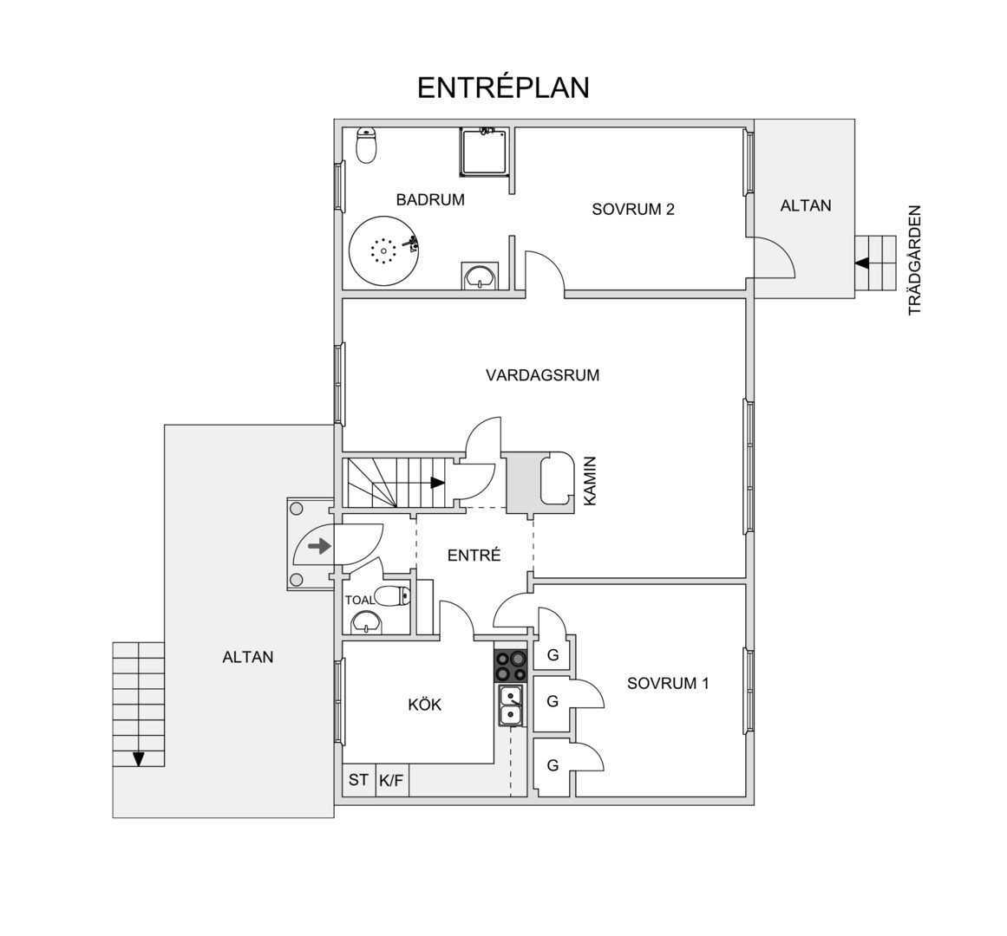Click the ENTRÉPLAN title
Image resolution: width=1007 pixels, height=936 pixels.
click(x=503, y=88)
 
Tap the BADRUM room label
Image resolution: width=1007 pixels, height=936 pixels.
click(x=430, y=199)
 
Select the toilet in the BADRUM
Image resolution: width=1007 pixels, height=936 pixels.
click(x=366, y=146)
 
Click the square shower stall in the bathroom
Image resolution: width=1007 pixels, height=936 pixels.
click(x=483, y=152)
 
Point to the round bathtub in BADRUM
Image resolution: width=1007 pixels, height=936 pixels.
click(x=383, y=250)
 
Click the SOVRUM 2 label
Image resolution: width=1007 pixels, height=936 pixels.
click(x=633, y=209)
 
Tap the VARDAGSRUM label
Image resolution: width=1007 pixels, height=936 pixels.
click(x=543, y=374)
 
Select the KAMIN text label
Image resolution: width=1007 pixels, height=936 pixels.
click(x=590, y=481)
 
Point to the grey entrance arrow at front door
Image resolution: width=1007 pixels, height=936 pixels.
click(x=320, y=547)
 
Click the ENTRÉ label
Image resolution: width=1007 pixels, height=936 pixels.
click(x=474, y=556)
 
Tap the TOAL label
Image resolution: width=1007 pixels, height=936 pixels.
click(x=360, y=601)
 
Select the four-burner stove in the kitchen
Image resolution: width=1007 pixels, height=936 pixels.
click(x=511, y=666)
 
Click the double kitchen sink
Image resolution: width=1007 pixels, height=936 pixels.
click(x=511, y=705)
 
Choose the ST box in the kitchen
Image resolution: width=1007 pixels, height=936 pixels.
click(x=358, y=780)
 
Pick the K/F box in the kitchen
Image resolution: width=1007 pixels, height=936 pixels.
click(x=392, y=780)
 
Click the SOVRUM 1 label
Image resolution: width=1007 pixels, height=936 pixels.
click(x=668, y=683)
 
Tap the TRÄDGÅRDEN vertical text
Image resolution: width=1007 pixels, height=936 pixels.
click(x=914, y=260)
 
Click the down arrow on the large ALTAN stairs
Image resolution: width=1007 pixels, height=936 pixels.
click(x=138, y=759)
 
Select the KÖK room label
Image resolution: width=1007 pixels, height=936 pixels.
click(x=424, y=705)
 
